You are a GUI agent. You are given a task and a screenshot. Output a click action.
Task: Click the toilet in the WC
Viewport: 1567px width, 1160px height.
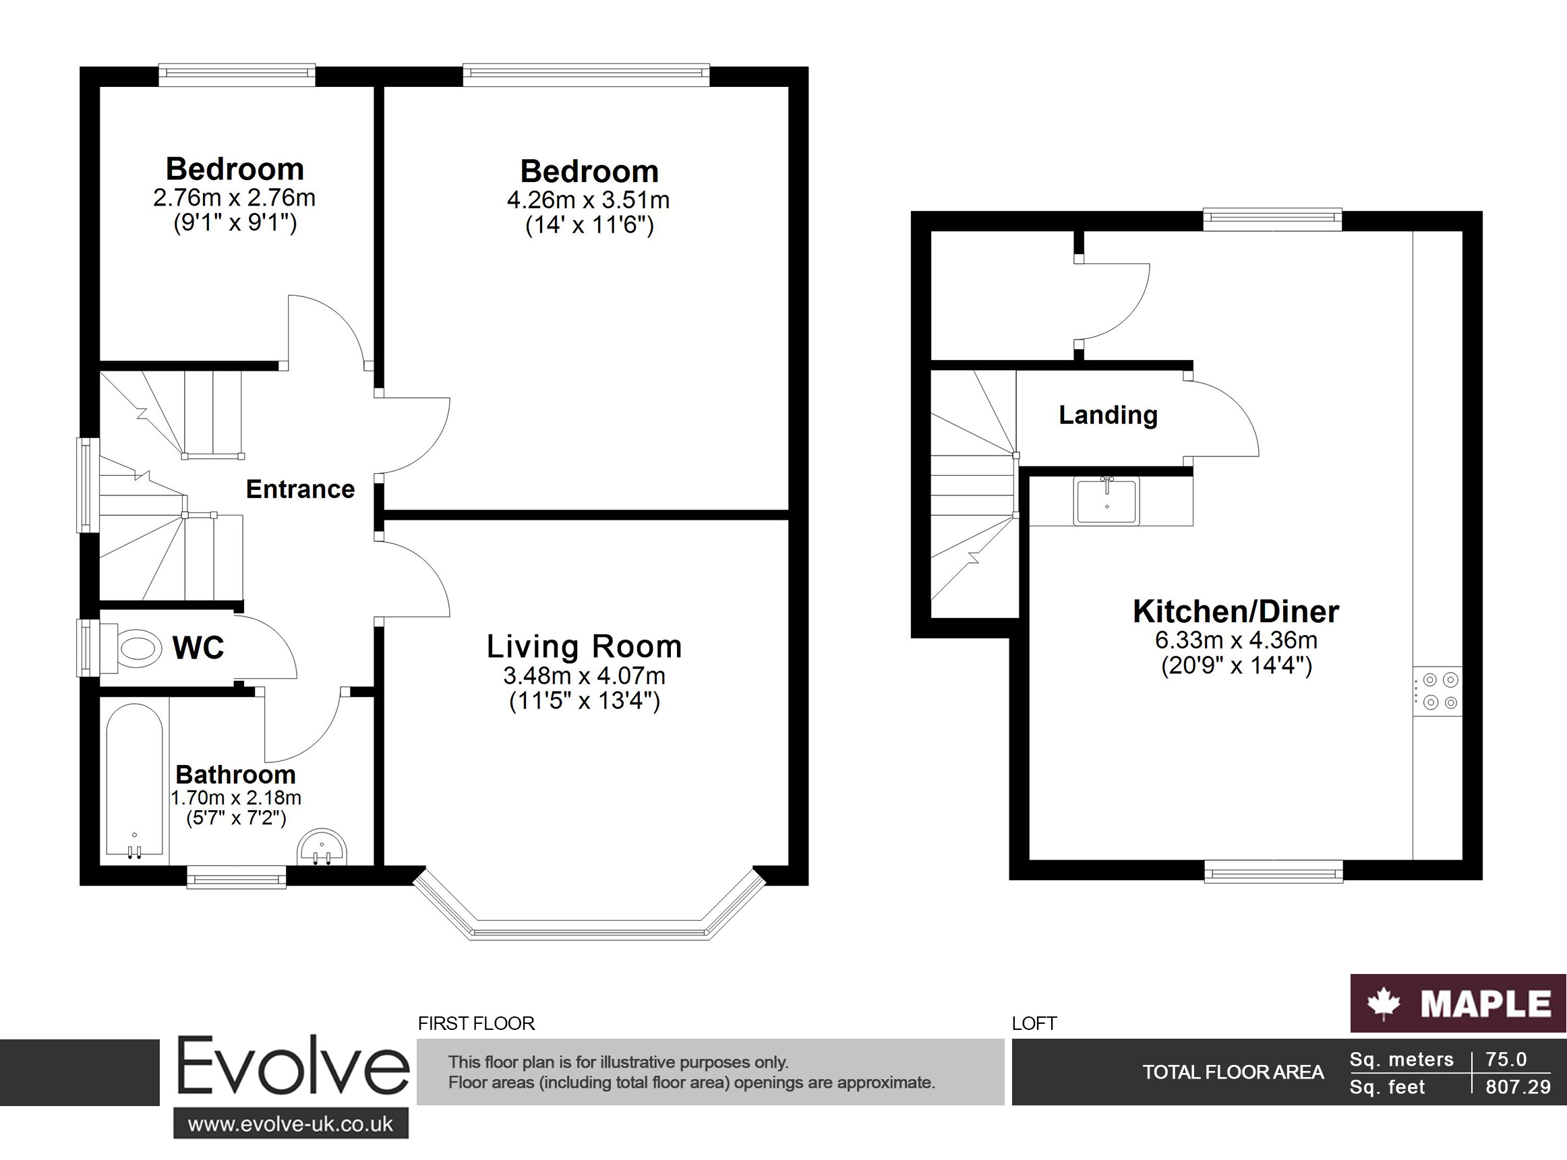[137, 646]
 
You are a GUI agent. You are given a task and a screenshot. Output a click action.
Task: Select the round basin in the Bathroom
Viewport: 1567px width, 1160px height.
[322, 847]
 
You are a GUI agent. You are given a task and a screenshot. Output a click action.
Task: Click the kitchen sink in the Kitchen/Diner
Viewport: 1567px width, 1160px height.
[1106, 501]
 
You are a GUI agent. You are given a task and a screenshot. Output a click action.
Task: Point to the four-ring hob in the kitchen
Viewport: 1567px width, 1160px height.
[1438, 691]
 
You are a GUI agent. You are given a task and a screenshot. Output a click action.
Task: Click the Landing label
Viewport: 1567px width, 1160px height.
[1108, 415]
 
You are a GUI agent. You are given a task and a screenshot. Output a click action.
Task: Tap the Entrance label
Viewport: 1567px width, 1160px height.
[300, 489]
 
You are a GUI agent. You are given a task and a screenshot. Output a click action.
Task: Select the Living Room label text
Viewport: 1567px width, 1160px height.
[585, 646]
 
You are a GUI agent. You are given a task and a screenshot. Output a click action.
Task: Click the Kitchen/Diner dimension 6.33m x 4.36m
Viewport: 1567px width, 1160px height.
[1236, 640]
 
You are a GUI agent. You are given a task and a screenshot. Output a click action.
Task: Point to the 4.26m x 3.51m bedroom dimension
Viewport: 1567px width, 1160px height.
[589, 200]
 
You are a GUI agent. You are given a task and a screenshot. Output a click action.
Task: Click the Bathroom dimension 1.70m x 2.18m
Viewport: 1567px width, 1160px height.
[236, 797]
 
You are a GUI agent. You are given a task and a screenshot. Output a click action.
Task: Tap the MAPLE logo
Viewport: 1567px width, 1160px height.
[1458, 1003]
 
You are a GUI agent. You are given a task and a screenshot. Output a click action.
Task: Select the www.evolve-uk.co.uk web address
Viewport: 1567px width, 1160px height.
[291, 1124]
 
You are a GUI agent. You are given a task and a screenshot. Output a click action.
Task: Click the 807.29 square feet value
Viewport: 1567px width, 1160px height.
[1518, 1087]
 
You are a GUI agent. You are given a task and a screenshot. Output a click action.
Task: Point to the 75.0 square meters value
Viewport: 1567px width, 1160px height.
[1506, 1059]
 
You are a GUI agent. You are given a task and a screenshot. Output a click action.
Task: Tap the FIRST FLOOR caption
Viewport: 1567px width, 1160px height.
[476, 1023]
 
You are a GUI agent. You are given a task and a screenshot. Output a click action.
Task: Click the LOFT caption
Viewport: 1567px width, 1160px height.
[1034, 1023]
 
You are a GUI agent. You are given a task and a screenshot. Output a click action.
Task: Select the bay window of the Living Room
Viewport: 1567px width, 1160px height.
[589, 931]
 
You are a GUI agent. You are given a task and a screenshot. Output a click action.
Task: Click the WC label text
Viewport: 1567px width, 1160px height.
[198, 648]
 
